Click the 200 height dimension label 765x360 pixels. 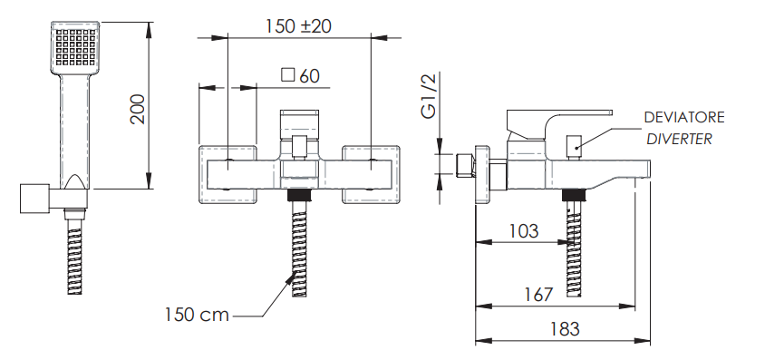[x=138, y=109]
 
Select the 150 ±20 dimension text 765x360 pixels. [x=298, y=26]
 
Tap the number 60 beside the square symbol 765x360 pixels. [x=310, y=75]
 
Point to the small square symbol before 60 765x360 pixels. [x=288, y=75]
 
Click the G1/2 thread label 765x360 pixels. [x=429, y=95]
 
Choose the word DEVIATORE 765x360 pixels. [x=684, y=118]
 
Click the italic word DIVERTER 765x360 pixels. [x=679, y=139]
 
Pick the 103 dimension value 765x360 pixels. [x=524, y=230]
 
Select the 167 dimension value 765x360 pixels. [x=538, y=295]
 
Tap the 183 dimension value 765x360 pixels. [x=565, y=329]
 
